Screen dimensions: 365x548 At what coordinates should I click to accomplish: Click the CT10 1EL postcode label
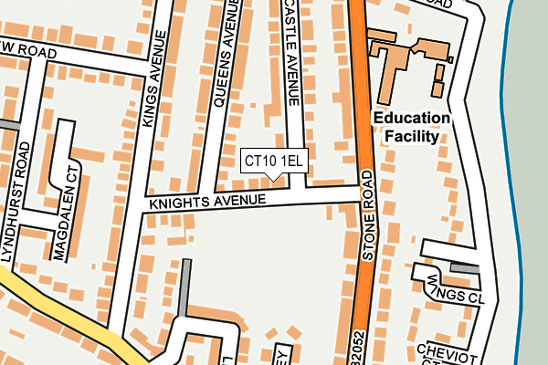[274, 162]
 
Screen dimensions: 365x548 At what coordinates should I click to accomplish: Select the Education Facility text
[411, 127]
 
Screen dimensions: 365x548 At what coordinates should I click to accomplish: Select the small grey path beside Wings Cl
[465, 267]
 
